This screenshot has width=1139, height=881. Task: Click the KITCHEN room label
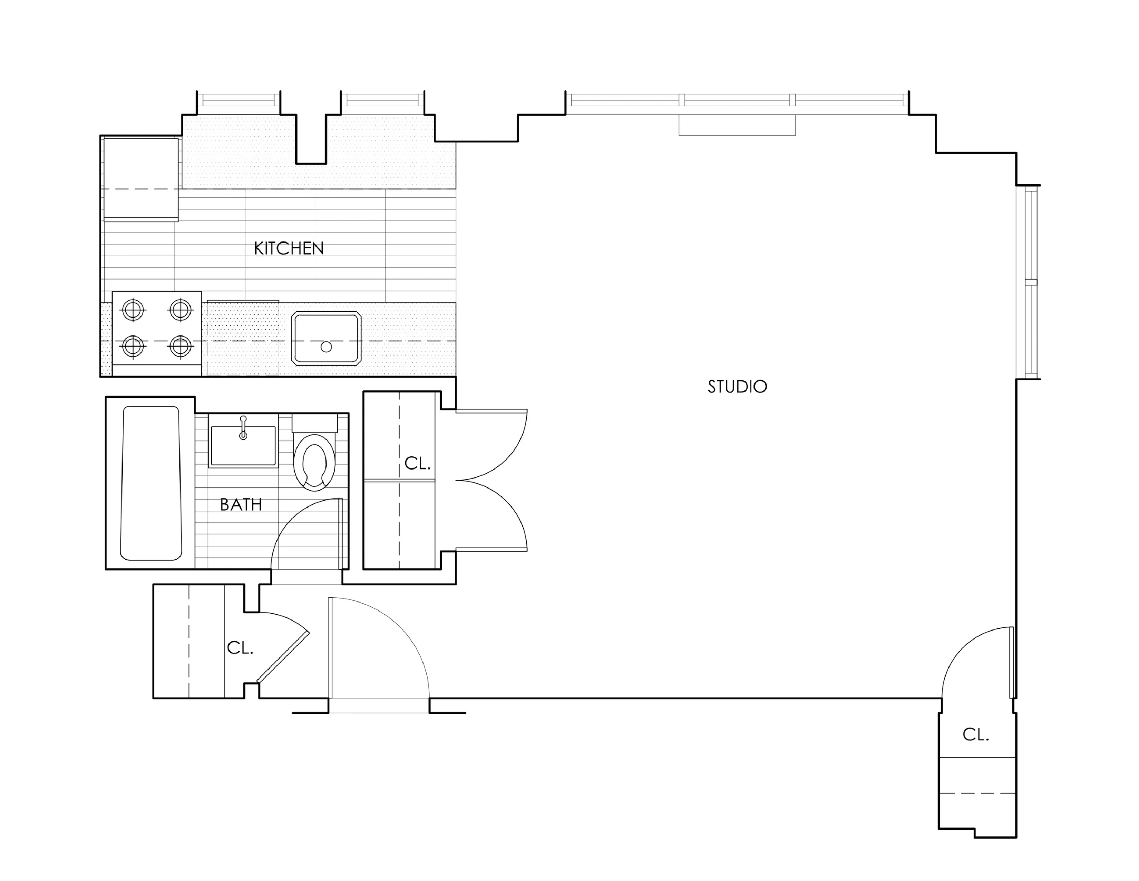(289, 248)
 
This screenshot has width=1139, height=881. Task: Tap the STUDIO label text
(737, 387)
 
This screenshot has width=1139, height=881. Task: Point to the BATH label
(241, 505)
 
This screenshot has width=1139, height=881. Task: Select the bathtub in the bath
(151, 483)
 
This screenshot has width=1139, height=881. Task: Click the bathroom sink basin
(243, 445)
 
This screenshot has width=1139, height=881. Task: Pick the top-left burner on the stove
(133, 310)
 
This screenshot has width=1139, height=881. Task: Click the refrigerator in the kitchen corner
(141, 179)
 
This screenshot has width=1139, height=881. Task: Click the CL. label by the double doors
(417, 463)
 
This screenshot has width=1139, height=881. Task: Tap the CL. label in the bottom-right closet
(975, 735)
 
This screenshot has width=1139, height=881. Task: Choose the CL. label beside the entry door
(240, 648)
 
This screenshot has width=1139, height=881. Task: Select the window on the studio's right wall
(1031, 282)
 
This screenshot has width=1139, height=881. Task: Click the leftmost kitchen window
(238, 100)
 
